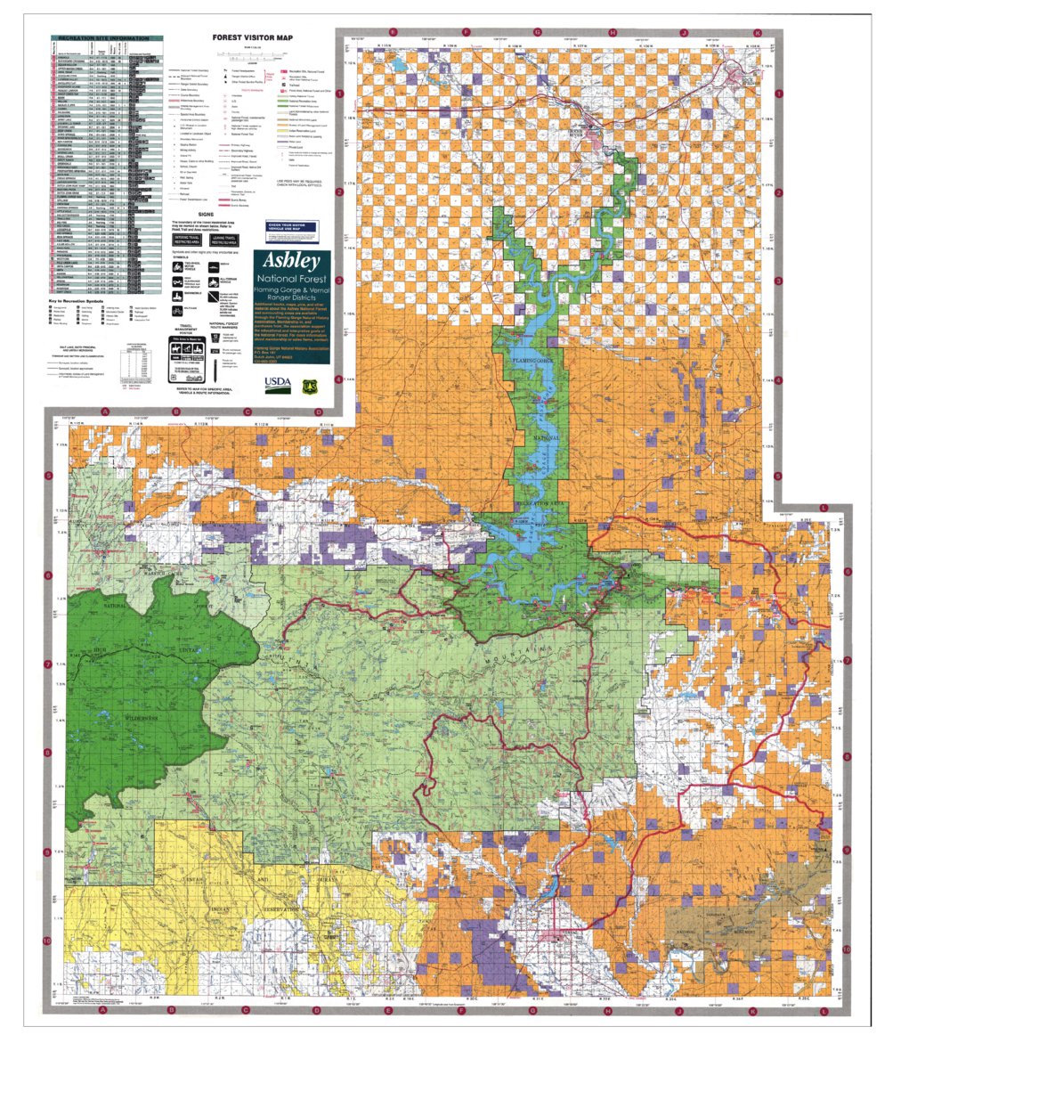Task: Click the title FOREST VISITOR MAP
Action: [x=251, y=38]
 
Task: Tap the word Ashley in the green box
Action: [x=291, y=262]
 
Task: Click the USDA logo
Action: [x=277, y=383]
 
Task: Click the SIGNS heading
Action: [x=206, y=215]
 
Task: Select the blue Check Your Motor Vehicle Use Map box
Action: [x=291, y=232]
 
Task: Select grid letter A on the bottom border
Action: [x=103, y=1010]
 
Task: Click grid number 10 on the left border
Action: [x=47, y=940]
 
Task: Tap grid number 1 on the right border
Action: [x=778, y=94]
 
